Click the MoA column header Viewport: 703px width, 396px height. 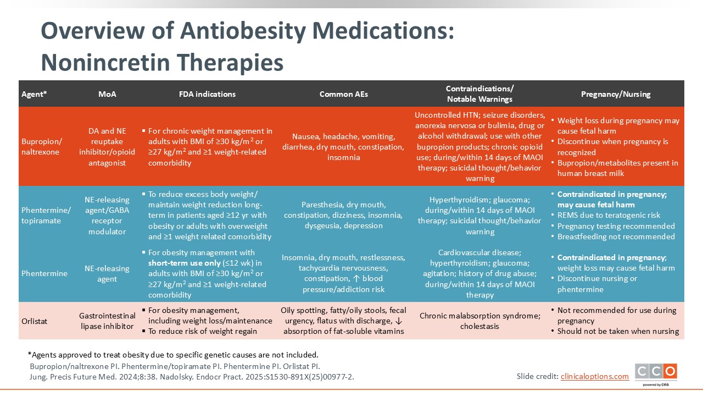107,94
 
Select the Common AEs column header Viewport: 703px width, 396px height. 343,94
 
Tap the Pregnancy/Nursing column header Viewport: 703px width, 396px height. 615,94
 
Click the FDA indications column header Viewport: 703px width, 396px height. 208,94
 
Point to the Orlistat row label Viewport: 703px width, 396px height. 34,321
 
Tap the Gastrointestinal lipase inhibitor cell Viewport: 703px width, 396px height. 107,321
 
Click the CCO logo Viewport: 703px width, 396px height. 656,372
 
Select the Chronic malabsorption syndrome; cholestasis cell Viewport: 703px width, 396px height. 480,321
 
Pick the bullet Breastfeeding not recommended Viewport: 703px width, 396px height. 616,237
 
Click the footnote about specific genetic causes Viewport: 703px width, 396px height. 173,354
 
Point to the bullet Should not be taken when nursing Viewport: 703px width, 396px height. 618,331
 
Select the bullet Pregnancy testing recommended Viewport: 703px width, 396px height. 616,226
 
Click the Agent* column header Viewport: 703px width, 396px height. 34,94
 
